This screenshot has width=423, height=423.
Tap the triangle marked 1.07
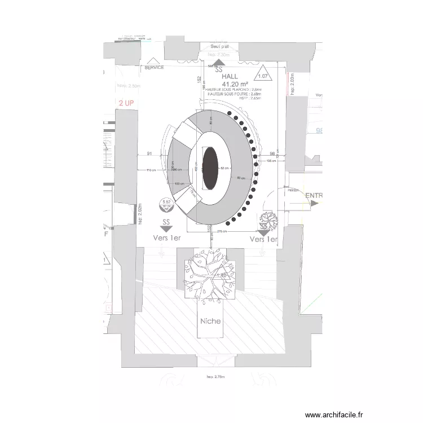[x=263, y=74]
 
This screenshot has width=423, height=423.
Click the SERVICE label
[x=154, y=67]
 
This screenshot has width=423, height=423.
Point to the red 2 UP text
[x=126, y=103]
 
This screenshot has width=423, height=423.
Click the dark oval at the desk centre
[x=210, y=168]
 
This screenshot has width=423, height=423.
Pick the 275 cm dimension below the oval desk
[x=221, y=231]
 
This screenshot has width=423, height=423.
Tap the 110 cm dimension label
[x=151, y=170]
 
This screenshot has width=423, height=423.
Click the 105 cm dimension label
[x=271, y=161]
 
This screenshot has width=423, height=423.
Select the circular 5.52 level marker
[x=166, y=204]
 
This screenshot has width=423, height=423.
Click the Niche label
[x=210, y=321]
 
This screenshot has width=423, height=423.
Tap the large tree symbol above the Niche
[x=210, y=275]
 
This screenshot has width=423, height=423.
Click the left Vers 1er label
[x=167, y=238]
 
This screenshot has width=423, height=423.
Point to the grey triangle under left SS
[x=166, y=228]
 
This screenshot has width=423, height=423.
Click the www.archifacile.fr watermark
[x=334, y=415]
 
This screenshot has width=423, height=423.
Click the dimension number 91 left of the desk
[x=150, y=153]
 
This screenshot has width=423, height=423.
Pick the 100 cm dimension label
[x=180, y=184]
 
